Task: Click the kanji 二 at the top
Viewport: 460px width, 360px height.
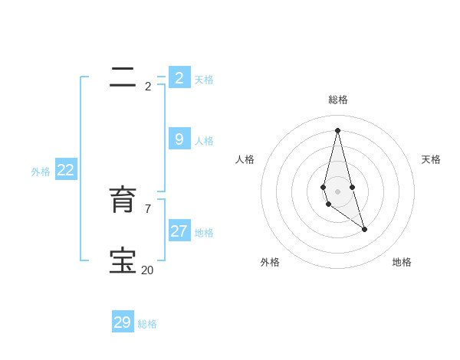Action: click(123, 77)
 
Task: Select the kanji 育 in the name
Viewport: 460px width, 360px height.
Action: click(123, 201)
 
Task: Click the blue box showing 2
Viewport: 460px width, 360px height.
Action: click(179, 77)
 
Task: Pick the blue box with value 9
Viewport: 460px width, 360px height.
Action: click(179, 139)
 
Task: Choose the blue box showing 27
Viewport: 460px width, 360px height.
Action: click(179, 231)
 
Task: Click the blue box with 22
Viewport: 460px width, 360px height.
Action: click(65, 170)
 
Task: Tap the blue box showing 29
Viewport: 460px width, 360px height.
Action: click(123, 322)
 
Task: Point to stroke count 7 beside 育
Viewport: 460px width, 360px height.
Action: click(147, 208)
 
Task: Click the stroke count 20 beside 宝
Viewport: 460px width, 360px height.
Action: click(147, 270)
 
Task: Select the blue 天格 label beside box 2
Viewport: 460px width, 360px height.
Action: click(204, 80)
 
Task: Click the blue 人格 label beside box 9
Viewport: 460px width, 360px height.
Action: click(204, 141)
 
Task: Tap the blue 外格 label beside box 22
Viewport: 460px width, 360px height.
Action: click(41, 172)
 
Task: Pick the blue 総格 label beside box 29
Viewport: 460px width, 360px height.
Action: click(147, 325)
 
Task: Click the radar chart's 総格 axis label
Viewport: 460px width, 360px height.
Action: click(338, 100)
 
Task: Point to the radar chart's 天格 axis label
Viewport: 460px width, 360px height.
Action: click(431, 159)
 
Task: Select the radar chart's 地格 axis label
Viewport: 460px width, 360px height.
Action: click(402, 262)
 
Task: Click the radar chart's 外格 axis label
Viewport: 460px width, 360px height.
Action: click(270, 262)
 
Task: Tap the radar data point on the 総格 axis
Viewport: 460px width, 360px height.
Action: click(337, 129)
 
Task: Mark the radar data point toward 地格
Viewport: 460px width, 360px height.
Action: click(364, 229)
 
